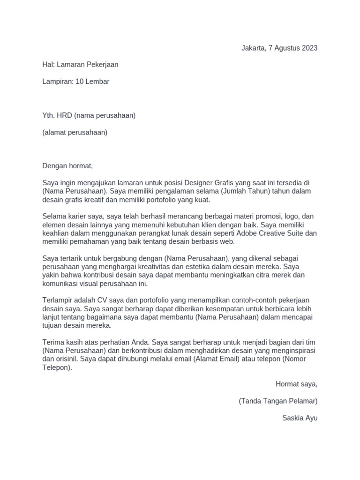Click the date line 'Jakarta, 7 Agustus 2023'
[279, 48]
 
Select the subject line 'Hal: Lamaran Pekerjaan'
[80, 65]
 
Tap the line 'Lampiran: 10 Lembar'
[76, 82]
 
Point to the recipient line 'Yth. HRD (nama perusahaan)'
[89, 115]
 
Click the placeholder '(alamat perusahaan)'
[75, 132]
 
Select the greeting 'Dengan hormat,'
[68, 166]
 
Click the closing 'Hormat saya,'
[297, 384]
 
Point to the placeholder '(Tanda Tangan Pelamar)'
[278, 401]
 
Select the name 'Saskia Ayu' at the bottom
[300, 418]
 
